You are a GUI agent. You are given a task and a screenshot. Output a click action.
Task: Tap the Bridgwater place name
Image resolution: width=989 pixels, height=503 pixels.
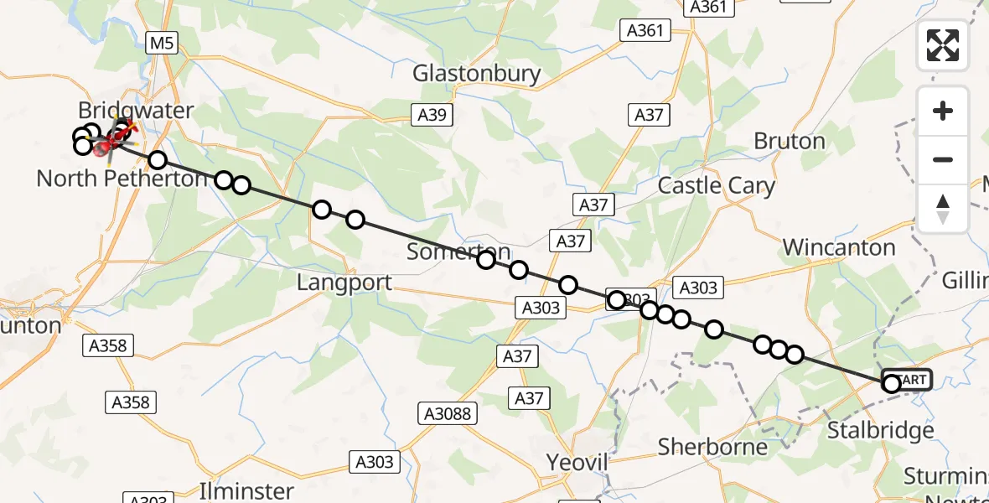(136, 111)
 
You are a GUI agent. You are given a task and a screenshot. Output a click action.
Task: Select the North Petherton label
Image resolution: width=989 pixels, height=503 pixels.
(122, 179)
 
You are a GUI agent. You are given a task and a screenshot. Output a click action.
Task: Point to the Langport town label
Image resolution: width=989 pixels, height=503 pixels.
(344, 283)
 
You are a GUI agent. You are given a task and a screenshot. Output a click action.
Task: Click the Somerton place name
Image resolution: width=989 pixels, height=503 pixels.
(458, 251)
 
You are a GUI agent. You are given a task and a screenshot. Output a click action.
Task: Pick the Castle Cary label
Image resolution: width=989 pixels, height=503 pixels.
(717, 185)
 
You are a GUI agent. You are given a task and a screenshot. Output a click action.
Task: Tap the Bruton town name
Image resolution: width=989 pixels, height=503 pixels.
(790, 141)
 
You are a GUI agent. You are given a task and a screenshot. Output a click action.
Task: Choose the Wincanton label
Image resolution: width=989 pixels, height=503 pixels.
(839, 247)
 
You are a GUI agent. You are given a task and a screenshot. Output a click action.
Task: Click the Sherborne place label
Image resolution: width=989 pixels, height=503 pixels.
(712, 447)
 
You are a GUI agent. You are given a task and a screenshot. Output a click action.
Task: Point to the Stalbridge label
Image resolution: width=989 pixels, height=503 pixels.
(881, 431)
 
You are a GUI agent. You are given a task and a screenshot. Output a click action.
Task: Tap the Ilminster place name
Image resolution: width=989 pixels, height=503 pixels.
(247, 490)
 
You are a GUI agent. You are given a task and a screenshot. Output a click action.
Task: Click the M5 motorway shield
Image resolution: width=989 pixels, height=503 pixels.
(162, 44)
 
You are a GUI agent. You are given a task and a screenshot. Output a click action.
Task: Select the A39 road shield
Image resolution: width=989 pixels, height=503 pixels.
(433, 115)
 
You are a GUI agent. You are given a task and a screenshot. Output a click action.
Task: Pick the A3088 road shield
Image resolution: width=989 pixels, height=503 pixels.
(447, 412)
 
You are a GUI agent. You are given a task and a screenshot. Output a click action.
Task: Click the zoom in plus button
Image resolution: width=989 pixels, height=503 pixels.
(943, 111)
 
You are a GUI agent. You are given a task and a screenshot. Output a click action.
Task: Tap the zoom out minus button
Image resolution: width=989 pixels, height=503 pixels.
(943, 159)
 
